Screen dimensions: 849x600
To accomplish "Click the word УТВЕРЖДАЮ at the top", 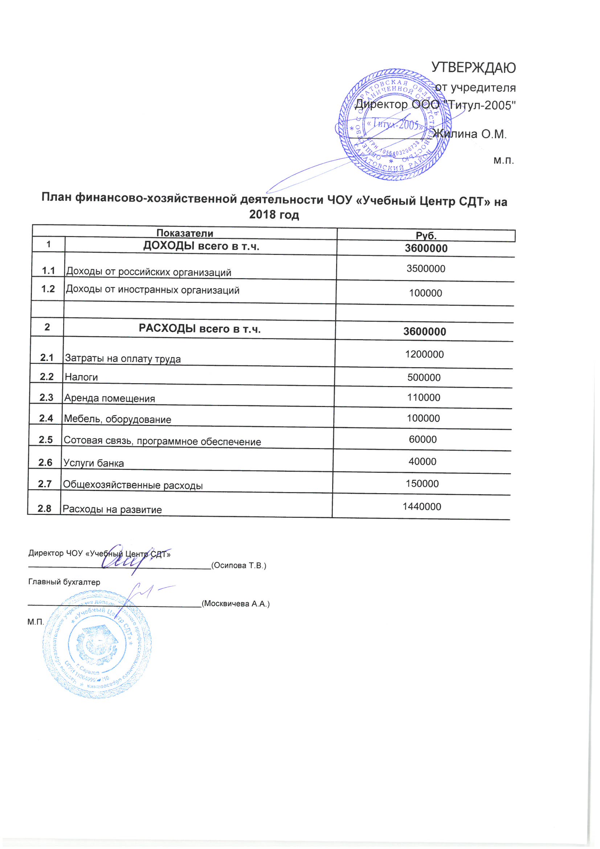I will click(x=473, y=68).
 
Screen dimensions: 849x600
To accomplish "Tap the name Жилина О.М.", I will click(x=469, y=134).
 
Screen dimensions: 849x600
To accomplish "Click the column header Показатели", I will click(x=184, y=233).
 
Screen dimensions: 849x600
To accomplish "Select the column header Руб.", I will click(x=426, y=236).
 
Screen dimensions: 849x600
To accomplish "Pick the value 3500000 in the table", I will click(x=425, y=268).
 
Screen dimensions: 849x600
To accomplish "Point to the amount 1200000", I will click(x=424, y=354).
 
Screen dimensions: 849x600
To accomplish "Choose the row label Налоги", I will click(x=81, y=377).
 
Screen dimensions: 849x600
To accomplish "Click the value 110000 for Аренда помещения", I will click(x=424, y=398).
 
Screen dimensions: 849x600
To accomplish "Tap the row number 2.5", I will click(x=46, y=440).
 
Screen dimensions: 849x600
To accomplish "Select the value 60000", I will click(x=423, y=439).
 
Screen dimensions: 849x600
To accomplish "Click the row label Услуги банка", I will click(x=94, y=463).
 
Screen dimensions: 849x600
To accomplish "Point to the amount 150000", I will click(x=422, y=484).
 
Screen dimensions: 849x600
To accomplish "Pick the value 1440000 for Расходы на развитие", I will click(x=422, y=507).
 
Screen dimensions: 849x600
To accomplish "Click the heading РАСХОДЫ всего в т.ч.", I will click(x=200, y=329).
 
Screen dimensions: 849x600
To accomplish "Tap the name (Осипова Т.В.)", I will click(x=238, y=565).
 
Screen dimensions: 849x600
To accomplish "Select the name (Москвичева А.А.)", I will click(x=236, y=604).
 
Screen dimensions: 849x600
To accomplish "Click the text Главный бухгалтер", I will click(x=64, y=582).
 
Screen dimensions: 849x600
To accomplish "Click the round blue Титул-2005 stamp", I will click(x=394, y=125).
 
